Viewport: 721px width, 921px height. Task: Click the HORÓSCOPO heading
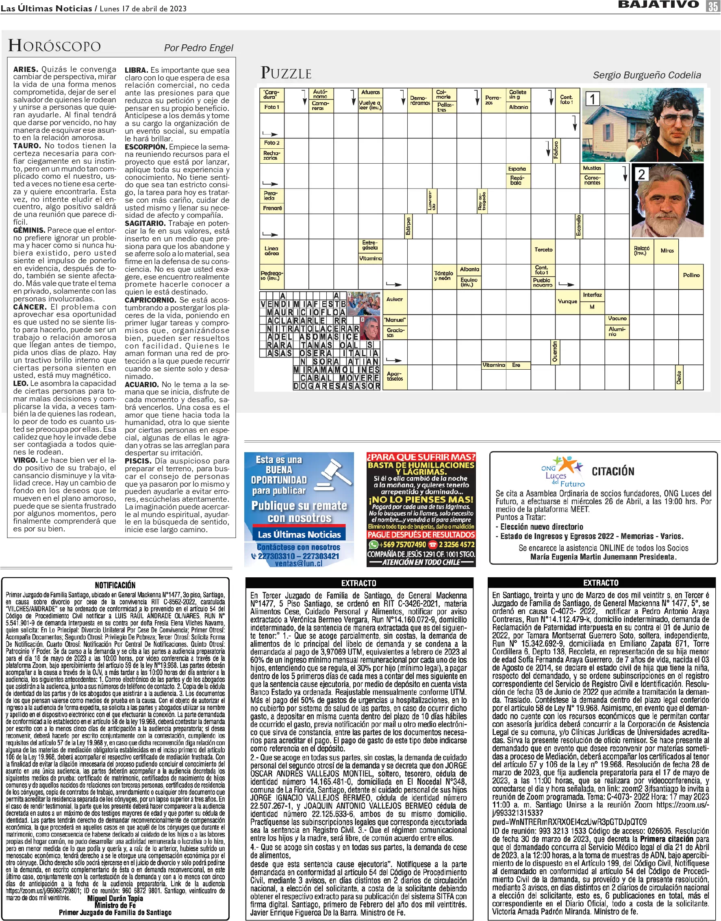(x=54, y=46)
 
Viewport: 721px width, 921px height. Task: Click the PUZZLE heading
(x=286, y=73)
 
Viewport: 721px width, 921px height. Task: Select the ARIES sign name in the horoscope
(x=26, y=69)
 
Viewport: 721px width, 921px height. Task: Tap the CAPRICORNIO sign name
(x=150, y=300)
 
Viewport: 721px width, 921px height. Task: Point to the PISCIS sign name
(x=138, y=461)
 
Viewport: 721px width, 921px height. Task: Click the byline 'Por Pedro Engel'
(x=198, y=48)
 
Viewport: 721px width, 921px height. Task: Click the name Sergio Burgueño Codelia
(x=647, y=75)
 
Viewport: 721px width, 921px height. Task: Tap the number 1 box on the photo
(x=593, y=99)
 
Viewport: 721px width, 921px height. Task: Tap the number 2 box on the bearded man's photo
(x=641, y=174)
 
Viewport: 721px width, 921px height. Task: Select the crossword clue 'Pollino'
(x=691, y=275)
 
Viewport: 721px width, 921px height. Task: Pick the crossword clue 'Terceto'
(x=543, y=250)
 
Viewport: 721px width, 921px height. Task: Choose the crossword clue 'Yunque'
(x=567, y=301)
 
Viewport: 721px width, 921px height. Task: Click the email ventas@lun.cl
(x=298, y=563)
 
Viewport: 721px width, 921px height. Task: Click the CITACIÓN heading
(x=613, y=471)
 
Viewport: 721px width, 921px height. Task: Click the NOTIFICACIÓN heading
(x=115, y=585)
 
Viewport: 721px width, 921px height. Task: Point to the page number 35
(x=712, y=6)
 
